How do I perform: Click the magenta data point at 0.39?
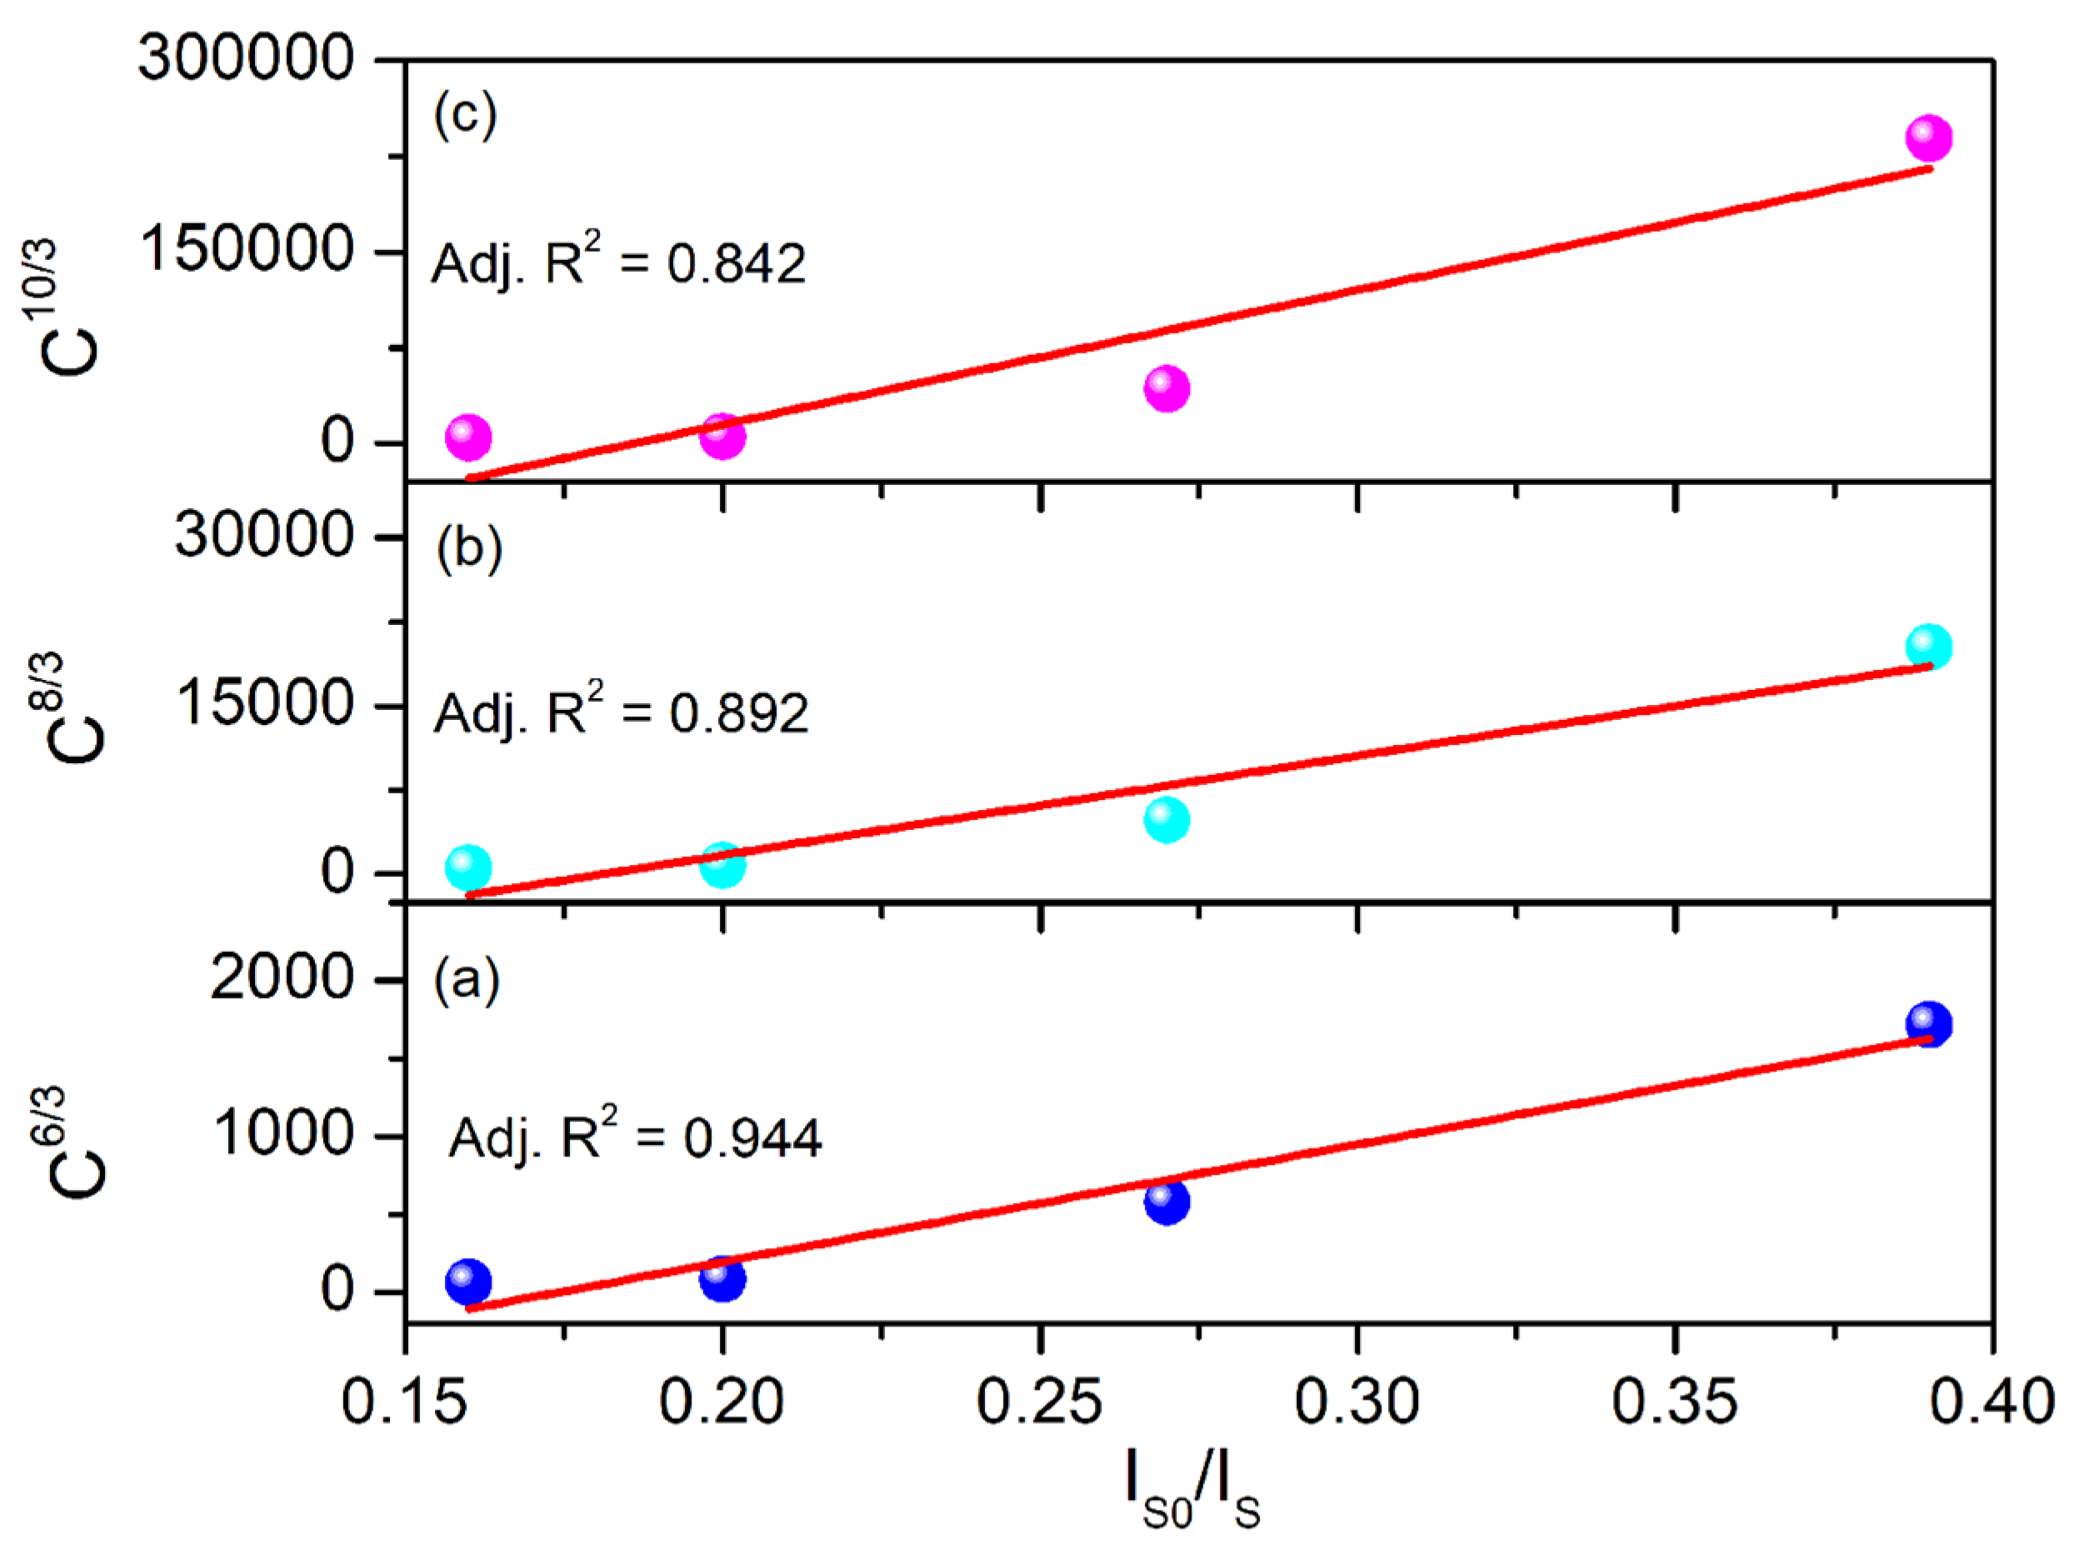tap(1927, 137)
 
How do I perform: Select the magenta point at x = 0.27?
tap(1167, 388)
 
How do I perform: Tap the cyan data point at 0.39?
tap(1927, 646)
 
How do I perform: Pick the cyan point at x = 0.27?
tap(1167, 820)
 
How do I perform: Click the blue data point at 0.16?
tap(467, 1281)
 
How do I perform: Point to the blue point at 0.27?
tap(1167, 1202)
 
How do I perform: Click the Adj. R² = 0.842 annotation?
tap(618, 262)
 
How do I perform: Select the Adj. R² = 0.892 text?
tap(621, 712)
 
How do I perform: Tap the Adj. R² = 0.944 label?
tap(635, 1137)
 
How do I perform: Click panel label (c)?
tap(465, 114)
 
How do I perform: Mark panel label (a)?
tap(466, 981)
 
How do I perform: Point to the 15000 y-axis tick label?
tap(264, 703)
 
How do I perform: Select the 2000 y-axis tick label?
tap(282, 977)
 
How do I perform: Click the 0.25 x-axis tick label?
tap(1039, 1403)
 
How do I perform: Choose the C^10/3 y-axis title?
tap(58, 307)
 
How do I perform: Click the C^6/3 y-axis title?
tap(67, 1142)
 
